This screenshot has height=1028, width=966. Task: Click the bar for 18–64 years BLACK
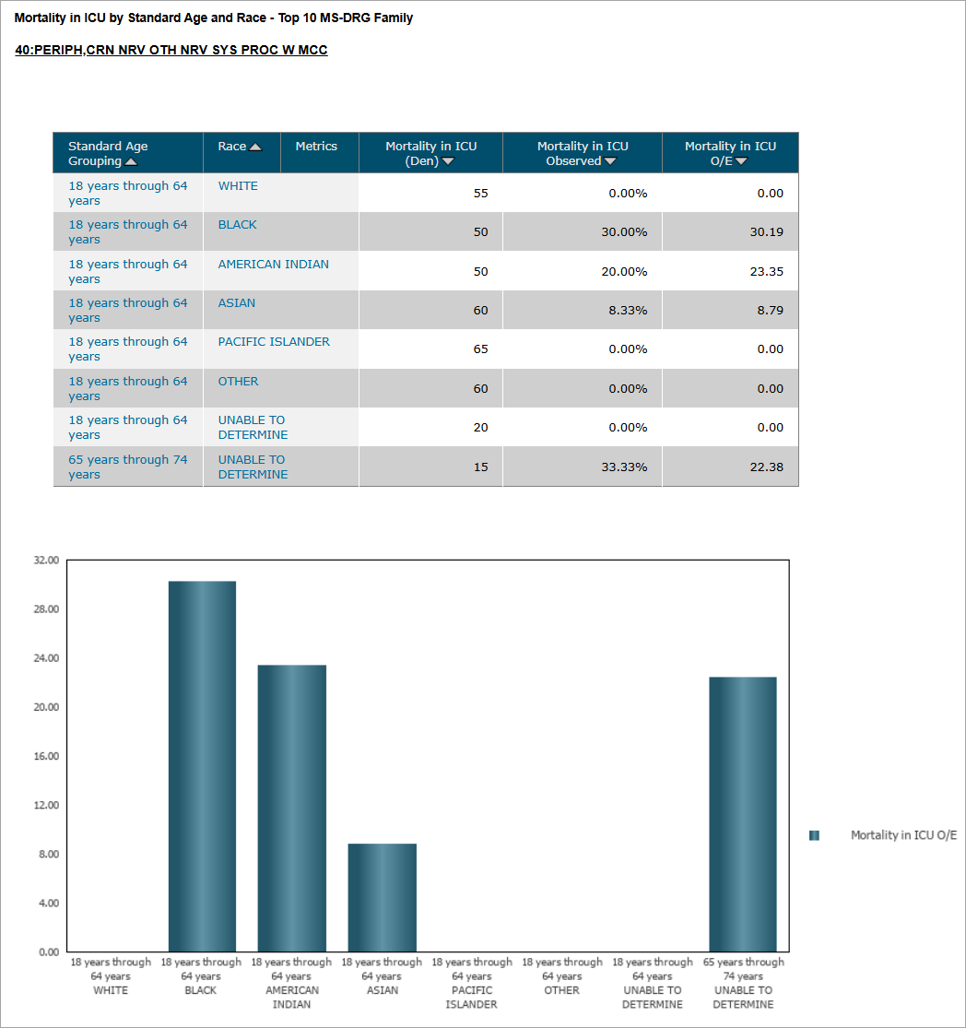(x=202, y=765)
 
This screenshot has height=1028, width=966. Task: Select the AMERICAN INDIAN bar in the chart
(x=291, y=808)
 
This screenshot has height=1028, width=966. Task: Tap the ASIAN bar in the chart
(x=382, y=897)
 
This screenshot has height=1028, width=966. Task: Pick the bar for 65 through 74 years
(x=743, y=813)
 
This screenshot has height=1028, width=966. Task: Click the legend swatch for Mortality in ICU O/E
(x=814, y=835)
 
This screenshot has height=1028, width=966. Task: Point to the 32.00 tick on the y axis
(x=46, y=560)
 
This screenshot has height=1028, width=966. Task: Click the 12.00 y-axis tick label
(x=46, y=805)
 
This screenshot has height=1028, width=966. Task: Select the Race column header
(x=232, y=147)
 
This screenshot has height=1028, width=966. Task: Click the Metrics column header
(x=316, y=147)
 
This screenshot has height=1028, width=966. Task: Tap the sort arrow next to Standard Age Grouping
(x=131, y=162)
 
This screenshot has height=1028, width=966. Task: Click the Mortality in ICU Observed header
(x=583, y=153)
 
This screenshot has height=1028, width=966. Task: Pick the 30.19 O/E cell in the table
(x=766, y=232)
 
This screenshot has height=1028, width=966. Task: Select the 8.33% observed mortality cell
(x=628, y=311)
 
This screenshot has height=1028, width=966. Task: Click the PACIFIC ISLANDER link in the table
(x=274, y=342)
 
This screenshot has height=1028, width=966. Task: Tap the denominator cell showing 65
(x=480, y=349)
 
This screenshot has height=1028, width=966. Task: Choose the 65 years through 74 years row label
(x=127, y=467)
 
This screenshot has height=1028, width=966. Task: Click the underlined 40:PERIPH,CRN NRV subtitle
(x=171, y=50)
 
